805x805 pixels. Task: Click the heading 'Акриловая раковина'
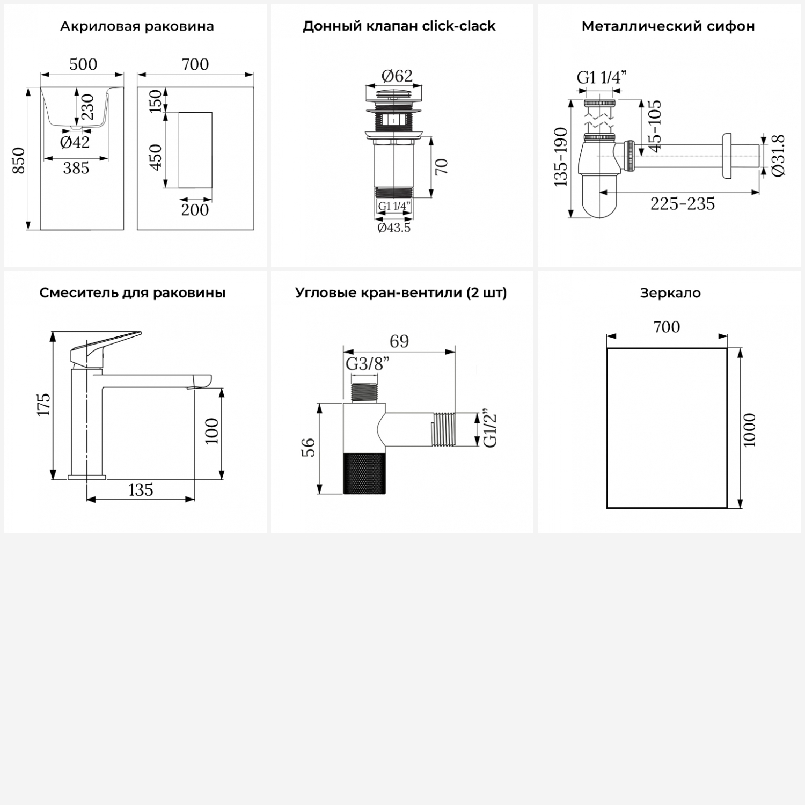point(137,26)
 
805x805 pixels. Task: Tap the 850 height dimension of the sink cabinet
point(19,160)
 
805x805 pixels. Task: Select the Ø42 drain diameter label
point(75,142)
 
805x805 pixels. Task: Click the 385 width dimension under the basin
point(76,168)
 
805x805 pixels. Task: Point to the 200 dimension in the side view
point(195,209)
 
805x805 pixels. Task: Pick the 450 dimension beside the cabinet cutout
point(156,157)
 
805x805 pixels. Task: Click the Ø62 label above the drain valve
point(397,76)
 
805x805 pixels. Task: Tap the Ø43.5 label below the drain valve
point(394,228)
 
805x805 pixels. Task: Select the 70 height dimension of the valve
point(441,166)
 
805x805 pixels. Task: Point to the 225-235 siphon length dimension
point(683,204)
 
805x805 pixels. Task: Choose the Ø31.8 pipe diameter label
point(779,155)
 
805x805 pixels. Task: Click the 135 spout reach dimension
point(141,489)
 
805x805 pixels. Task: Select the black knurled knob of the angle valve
point(364,473)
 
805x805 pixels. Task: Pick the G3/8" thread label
point(367,364)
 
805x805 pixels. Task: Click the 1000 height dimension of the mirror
point(750,430)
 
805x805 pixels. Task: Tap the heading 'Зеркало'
point(670,293)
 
